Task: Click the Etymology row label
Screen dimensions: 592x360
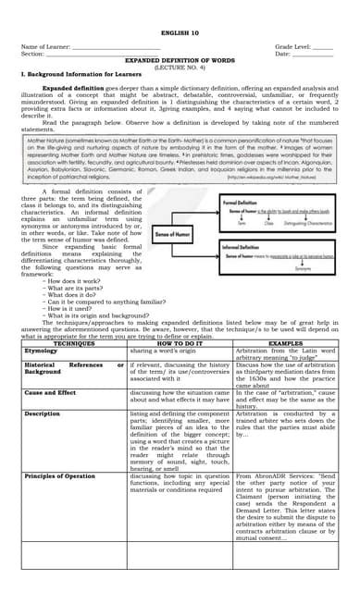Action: (41, 351)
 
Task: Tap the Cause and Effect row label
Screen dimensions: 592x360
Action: (50, 393)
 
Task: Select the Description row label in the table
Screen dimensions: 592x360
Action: (43, 413)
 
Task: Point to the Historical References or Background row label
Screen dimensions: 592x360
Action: (74, 370)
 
